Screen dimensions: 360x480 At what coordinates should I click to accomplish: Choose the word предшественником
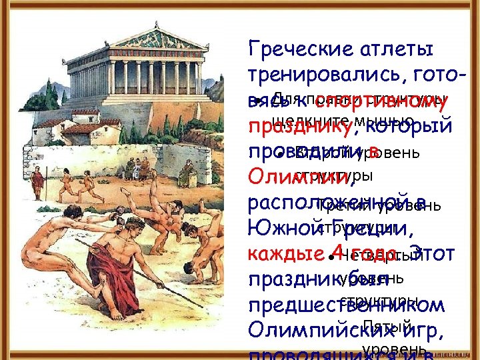tap(345, 305)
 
